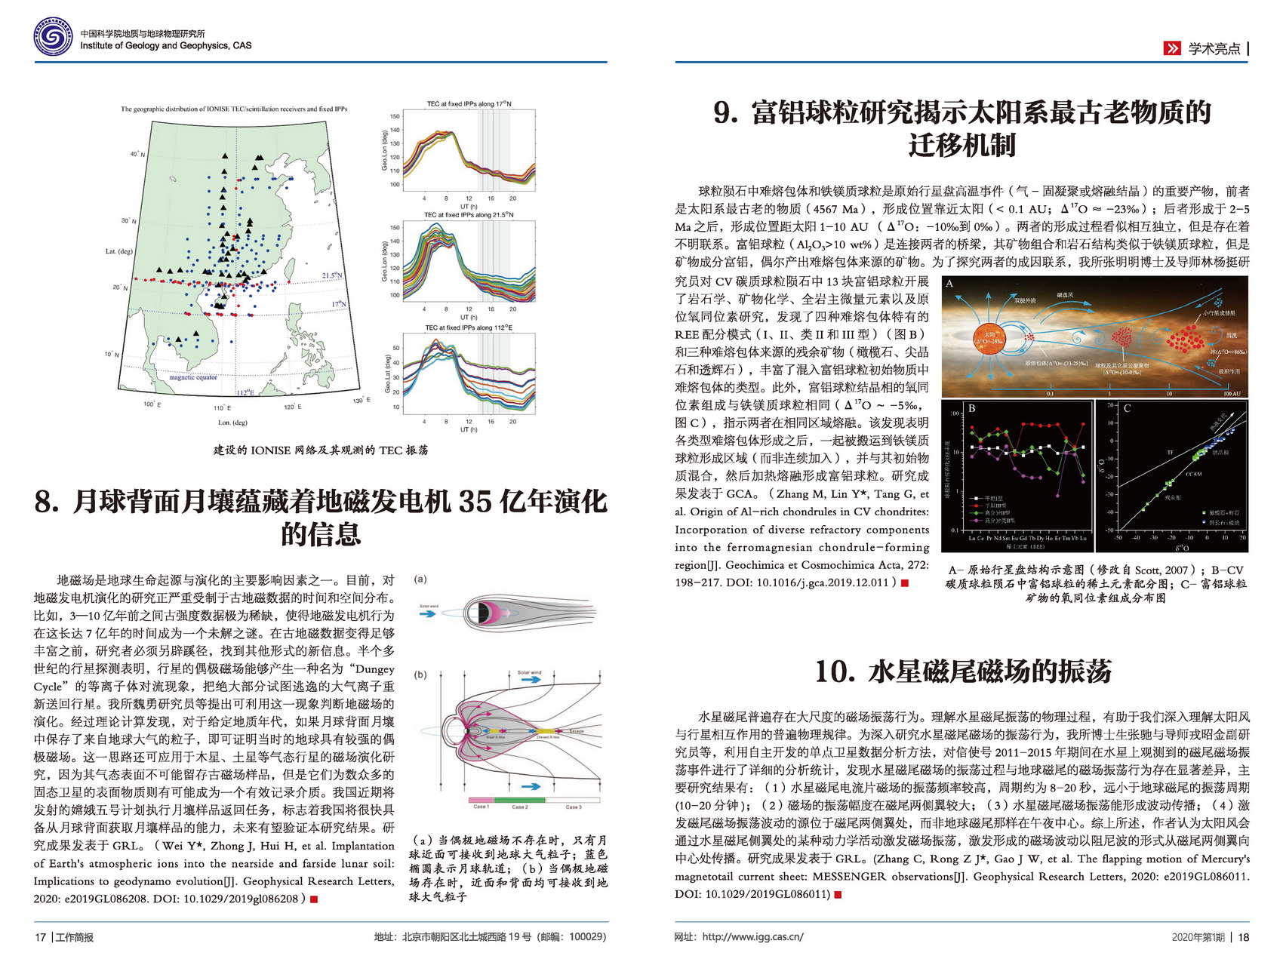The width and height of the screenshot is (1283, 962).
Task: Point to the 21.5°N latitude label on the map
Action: click(x=332, y=275)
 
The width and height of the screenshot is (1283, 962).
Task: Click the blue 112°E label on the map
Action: click(x=245, y=392)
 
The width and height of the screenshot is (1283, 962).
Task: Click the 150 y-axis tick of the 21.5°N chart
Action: click(x=395, y=227)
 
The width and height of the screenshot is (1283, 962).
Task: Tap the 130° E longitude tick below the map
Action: click(x=360, y=400)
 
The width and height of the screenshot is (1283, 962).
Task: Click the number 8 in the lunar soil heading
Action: click(x=45, y=502)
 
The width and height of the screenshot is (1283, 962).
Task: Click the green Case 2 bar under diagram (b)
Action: click(x=519, y=799)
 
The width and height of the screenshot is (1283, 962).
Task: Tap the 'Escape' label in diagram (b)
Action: click(x=577, y=730)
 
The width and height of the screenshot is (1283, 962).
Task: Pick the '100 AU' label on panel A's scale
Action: click(x=1232, y=394)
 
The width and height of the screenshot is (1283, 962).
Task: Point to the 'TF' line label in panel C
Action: click(x=1171, y=453)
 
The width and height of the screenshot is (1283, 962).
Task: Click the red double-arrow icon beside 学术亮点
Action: click(x=1171, y=48)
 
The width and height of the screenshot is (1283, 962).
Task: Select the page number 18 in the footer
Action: click(x=1244, y=937)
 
